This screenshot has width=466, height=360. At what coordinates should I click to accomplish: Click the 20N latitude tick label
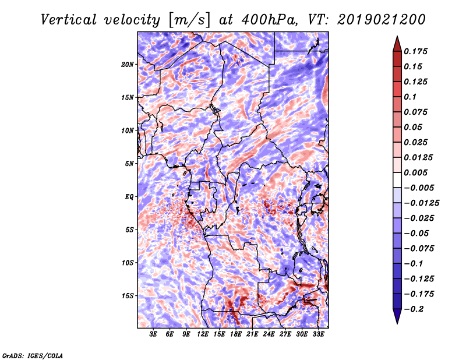pos(128,65)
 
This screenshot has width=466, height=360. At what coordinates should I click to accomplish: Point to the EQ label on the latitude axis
pos(129,197)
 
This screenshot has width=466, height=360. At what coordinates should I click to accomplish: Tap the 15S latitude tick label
pos(128,296)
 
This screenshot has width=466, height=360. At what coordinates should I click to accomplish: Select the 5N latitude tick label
pos(129,164)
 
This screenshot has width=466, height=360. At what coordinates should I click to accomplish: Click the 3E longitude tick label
pos(153,334)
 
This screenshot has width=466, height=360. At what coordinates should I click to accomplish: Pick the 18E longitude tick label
pos(236,334)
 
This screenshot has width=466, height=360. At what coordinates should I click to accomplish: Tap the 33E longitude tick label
pos(318,334)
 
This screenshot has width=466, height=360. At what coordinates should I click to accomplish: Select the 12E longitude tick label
pos(203,334)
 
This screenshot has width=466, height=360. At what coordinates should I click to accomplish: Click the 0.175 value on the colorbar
pos(415,51)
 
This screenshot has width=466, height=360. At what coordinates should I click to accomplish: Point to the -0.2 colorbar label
pos(414,309)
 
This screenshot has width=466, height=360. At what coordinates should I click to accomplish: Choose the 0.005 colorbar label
pos(415,172)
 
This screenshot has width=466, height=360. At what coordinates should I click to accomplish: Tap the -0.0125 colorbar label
pos(421,203)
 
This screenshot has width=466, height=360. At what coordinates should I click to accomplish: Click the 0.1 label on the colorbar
pos(410,97)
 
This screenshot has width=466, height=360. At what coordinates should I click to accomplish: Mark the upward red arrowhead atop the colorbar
pos(397,44)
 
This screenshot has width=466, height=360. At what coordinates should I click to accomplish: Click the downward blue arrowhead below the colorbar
pos(397,316)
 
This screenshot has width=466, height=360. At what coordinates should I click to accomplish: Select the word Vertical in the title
pos(69,20)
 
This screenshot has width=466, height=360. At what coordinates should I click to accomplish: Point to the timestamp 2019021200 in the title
pos(382,20)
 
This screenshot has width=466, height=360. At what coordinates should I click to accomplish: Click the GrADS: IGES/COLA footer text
pos(33,355)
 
